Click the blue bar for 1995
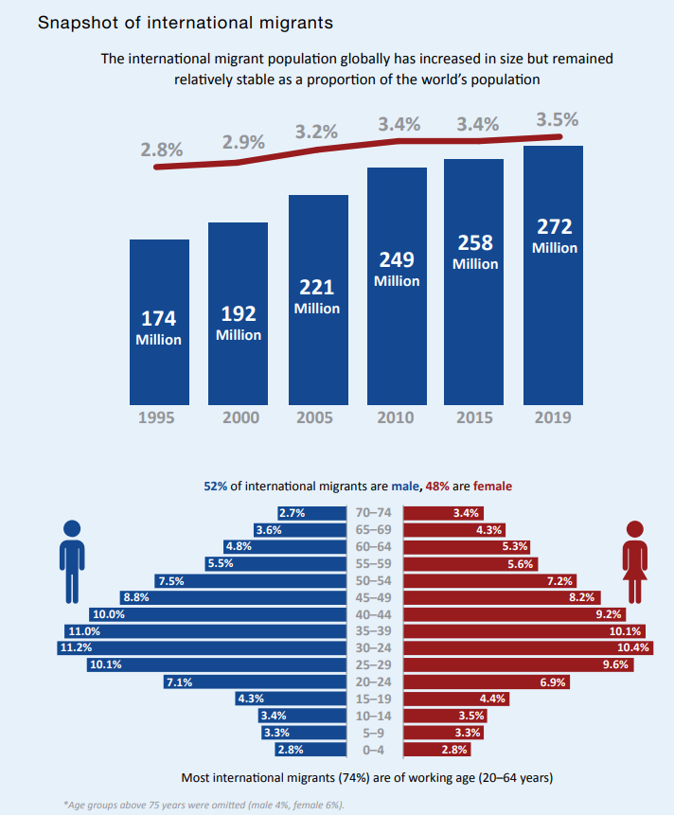pos(159,322)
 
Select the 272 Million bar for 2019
pos(554,275)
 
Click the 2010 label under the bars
pos(397,418)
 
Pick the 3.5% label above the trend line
pos(557,120)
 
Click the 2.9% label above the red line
pos(243,143)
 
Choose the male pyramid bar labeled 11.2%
pos(202,647)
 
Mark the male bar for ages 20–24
pos(255,682)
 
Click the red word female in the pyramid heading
pos(491,486)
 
